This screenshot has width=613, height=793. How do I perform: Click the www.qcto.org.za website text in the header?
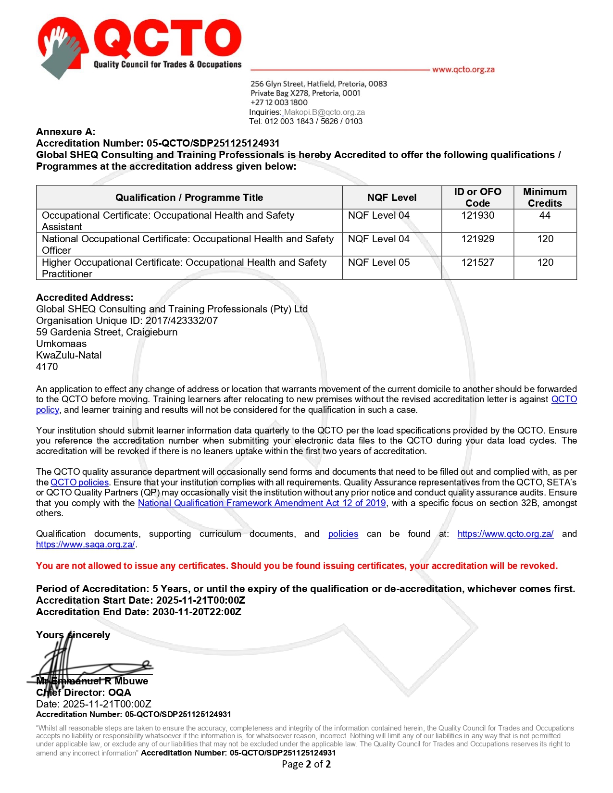pyautogui.click(x=463, y=70)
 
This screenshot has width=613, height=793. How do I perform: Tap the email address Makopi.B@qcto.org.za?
pyautogui.click(x=325, y=112)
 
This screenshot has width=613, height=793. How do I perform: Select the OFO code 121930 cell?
pyautogui.click(x=477, y=215)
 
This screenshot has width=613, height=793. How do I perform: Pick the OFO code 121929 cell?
pyautogui.click(x=477, y=239)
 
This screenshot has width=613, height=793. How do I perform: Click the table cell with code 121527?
pyautogui.click(x=477, y=262)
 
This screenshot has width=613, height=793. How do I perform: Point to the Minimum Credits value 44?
pyautogui.click(x=545, y=215)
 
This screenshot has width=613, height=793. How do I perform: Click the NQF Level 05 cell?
pyautogui.click(x=379, y=262)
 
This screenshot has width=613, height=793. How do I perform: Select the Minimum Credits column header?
pyautogui.click(x=545, y=198)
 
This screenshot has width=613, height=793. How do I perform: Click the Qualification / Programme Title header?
pyautogui.click(x=189, y=198)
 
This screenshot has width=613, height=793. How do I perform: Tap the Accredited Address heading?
pyautogui.click(x=85, y=297)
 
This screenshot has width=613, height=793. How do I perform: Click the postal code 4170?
pyautogui.click(x=47, y=367)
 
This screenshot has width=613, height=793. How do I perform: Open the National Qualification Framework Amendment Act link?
pyautogui.click(x=262, y=503)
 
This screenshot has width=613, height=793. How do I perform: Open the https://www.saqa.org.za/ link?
pyautogui.click(x=86, y=545)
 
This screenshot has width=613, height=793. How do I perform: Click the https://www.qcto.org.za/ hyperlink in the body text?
pyautogui.click(x=505, y=534)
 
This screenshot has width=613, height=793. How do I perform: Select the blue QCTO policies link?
pyautogui.click(x=80, y=483)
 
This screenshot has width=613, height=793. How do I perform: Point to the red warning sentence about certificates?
pyautogui.click(x=297, y=566)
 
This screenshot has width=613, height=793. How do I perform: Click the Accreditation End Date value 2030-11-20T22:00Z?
pyautogui.click(x=197, y=612)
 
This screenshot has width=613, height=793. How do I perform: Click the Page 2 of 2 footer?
pyautogui.click(x=306, y=764)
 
